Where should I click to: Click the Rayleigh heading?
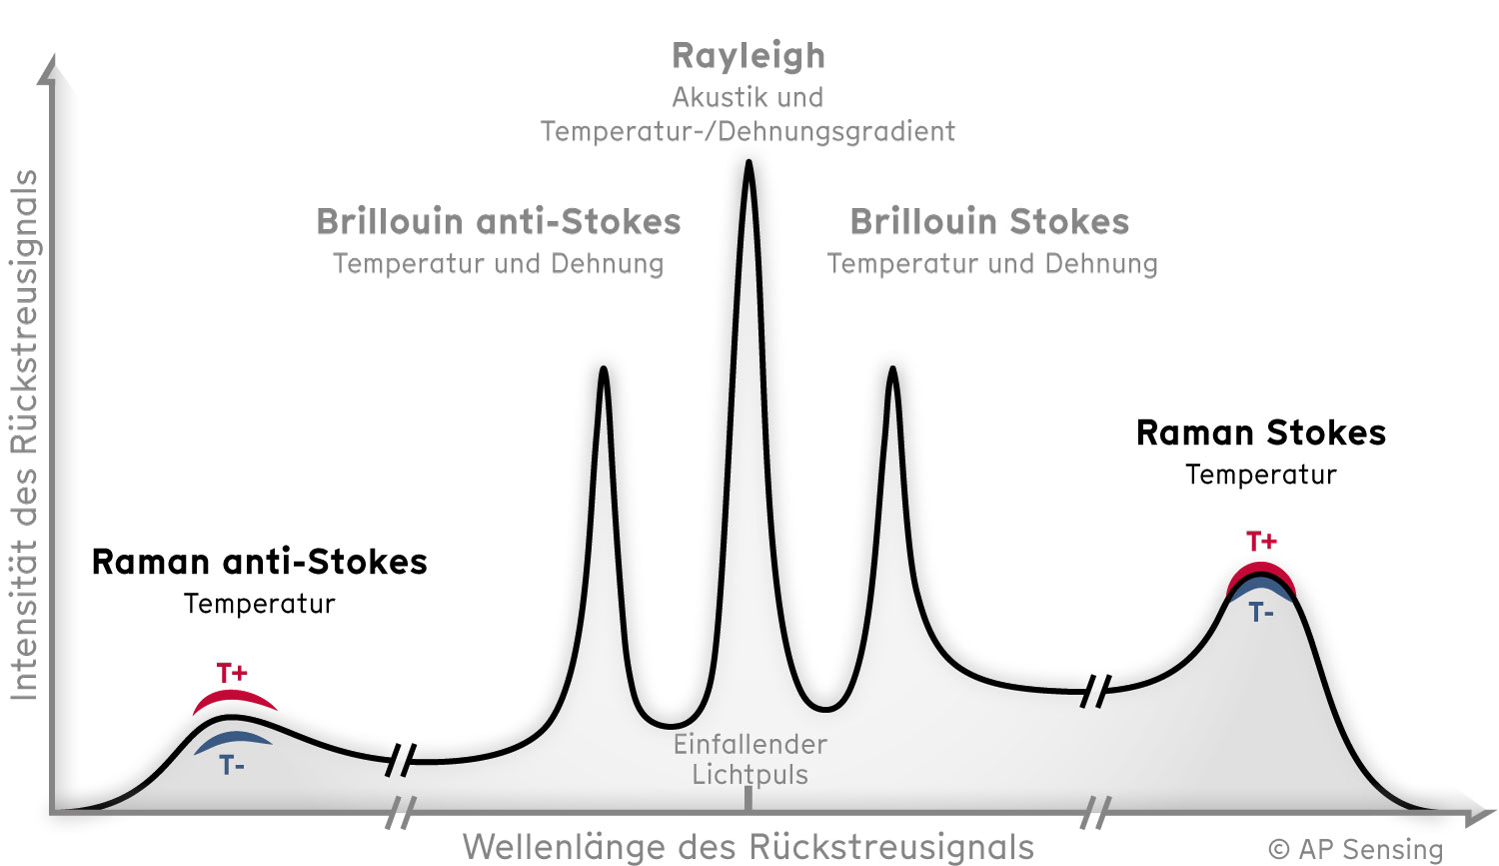coord(749,56)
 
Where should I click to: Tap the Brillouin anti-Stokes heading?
coord(499,222)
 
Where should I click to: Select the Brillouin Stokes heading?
coord(989,222)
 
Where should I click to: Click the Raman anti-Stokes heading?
coord(260,561)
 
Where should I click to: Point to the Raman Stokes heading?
coord(1261,433)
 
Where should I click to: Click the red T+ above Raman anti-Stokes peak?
coord(232,672)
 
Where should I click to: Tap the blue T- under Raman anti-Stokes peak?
coord(232,765)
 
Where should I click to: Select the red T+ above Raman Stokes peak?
coord(1261,540)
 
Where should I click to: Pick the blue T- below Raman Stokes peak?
coord(1261,612)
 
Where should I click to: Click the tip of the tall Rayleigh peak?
coord(749,161)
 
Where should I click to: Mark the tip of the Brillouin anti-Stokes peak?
coord(604,368)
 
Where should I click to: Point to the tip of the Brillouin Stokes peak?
coord(892,368)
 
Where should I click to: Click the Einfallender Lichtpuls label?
coord(750,760)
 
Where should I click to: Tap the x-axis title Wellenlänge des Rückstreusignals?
coord(749,847)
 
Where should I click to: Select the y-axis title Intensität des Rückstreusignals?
coord(24,435)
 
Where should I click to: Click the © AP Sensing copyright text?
coord(1355,849)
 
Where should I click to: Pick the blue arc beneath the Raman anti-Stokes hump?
coord(233,738)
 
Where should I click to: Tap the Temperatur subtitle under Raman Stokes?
coord(1261,475)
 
